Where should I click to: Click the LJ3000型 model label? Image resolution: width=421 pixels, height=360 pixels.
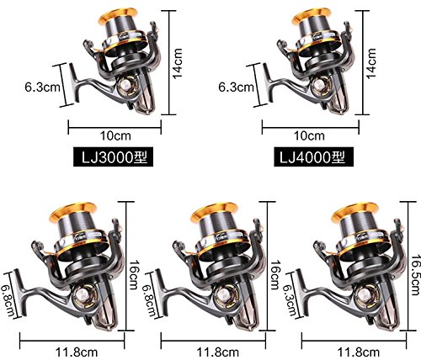tap(113, 156)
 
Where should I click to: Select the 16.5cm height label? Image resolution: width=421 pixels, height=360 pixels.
tap(416, 275)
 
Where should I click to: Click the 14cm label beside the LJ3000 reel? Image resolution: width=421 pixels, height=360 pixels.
tap(178, 63)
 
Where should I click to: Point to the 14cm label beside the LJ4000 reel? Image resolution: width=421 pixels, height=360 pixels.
tap(371, 63)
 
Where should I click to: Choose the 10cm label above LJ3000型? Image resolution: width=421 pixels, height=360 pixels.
tap(115, 136)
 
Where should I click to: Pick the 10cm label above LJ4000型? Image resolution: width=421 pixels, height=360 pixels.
tap(309, 136)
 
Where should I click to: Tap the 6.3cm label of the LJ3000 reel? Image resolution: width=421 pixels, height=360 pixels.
tap(43, 87)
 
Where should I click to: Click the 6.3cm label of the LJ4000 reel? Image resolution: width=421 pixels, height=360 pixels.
tap(236, 87)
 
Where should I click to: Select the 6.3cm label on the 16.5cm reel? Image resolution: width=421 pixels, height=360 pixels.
tap(290, 301)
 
